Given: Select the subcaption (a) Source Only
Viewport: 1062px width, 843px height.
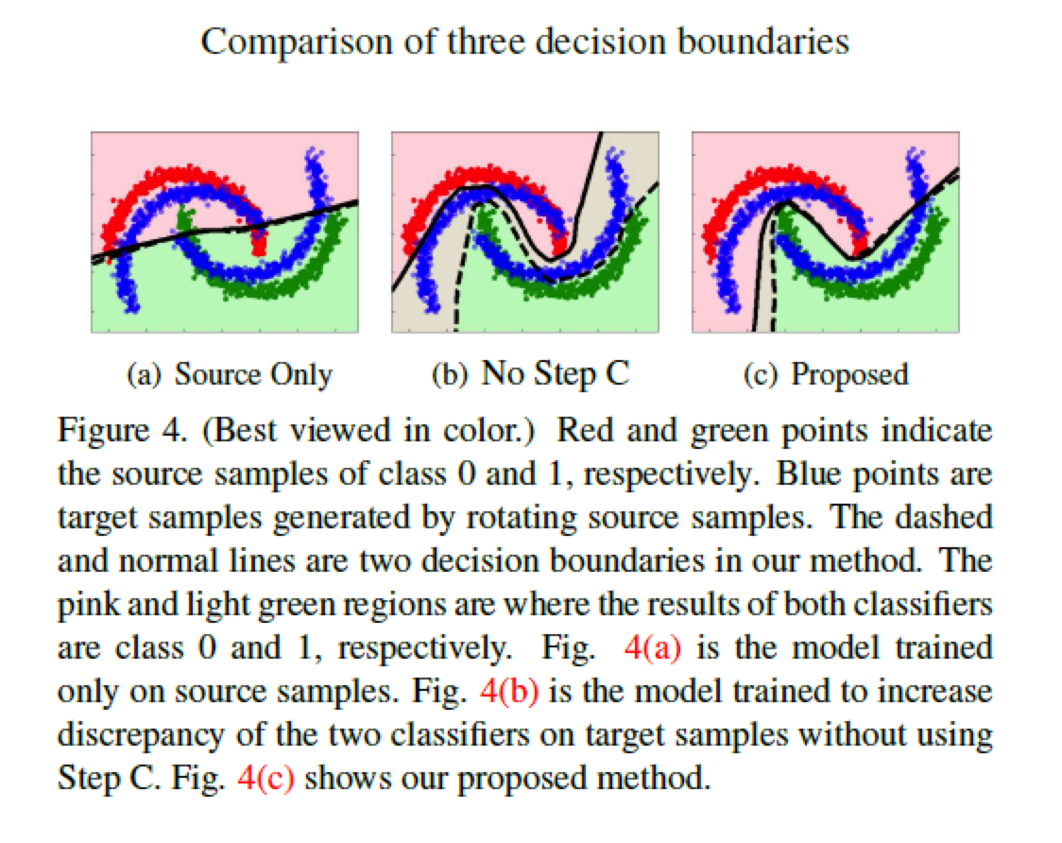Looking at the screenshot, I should point(230,374).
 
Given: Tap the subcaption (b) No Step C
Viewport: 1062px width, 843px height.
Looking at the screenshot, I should point(529,374).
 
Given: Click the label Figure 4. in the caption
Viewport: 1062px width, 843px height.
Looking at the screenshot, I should point(108,431).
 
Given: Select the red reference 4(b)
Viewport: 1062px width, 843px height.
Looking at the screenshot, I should point(509,692).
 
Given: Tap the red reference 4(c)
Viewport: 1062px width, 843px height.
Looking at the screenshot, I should point(272,780).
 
